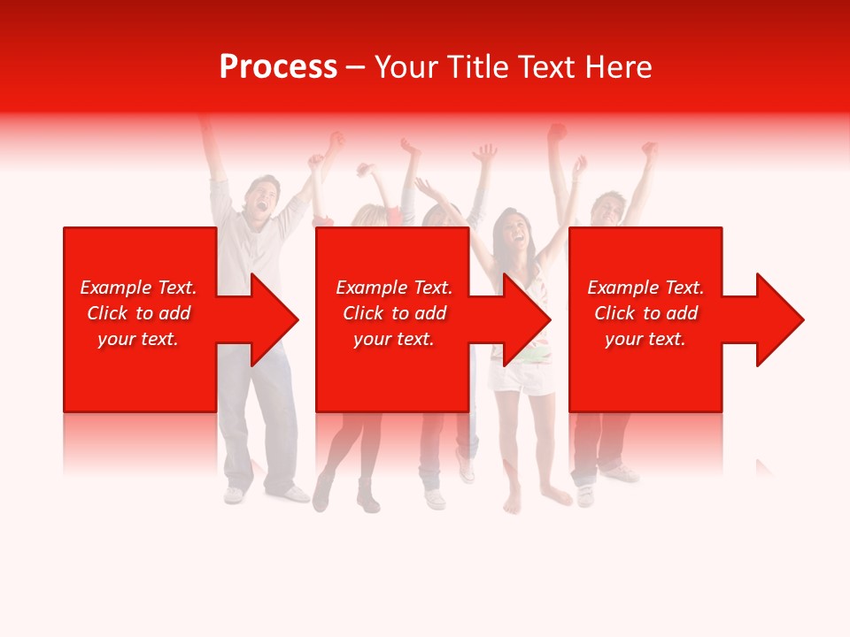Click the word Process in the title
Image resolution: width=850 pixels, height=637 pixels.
click(x=278, y=67)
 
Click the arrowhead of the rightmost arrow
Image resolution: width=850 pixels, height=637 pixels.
click(x=780, y=319)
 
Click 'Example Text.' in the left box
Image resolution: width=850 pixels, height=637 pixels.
click(x=138, y=288)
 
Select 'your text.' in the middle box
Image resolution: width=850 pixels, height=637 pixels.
click(x=394, y=339)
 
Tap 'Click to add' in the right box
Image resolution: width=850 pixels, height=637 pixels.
click(x=645, y=313)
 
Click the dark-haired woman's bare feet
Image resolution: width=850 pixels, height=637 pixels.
click(x=531, y=500)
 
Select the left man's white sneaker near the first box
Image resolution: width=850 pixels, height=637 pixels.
click(x=234, y=494)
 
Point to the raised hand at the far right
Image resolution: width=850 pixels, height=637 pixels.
click(x=650, y=150)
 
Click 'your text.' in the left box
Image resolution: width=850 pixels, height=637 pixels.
click(x=138, y=339)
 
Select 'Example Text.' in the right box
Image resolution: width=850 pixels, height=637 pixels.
click(x=645, y=288)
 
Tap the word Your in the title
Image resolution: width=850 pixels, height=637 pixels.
click(x=406, y=67)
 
